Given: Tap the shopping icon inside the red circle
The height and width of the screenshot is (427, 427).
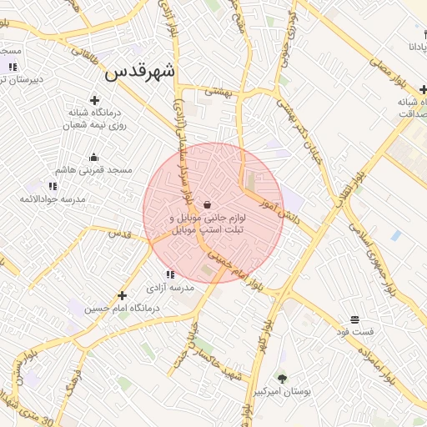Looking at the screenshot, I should point(207,204).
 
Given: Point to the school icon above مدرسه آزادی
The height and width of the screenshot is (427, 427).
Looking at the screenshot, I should point(169,274).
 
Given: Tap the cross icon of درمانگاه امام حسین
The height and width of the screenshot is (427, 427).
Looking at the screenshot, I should point(123,295).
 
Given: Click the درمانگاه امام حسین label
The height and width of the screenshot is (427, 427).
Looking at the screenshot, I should point(123,308).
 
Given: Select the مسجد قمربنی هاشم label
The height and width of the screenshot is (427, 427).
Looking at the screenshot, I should point(94,169).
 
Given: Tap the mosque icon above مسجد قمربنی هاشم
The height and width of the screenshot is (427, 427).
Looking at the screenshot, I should point(93,157).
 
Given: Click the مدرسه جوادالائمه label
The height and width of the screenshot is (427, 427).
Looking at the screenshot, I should point(52,199).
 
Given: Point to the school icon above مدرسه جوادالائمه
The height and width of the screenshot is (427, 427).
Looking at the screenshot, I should point(53,186).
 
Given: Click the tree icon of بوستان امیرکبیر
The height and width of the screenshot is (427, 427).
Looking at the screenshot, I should point(282,378).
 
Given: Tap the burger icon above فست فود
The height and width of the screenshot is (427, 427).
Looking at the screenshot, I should point(354,319).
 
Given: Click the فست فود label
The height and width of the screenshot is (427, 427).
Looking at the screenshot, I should point(354,332).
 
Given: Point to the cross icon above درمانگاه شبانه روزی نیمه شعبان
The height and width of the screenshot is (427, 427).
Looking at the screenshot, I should point(94,100).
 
